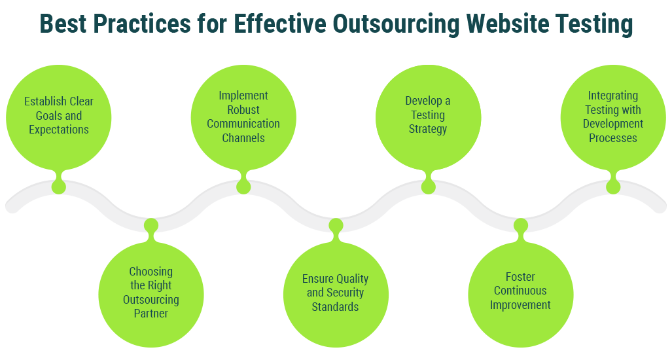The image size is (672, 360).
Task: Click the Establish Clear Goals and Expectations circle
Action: coord(59,116)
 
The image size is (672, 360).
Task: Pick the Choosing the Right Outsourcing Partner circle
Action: coord(151,293)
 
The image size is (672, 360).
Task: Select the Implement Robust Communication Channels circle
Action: coord(243,117)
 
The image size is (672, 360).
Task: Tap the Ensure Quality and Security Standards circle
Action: coord(336,293)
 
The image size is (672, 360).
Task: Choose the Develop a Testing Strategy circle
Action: coord(428,116)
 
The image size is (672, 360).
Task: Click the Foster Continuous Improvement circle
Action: coord(521,293)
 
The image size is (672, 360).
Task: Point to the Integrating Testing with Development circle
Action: coord(613,117)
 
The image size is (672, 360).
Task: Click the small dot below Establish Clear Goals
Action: coord(59,187)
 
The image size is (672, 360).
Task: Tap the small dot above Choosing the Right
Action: coord(151,225)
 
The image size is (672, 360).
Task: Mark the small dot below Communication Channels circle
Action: coord(243,187)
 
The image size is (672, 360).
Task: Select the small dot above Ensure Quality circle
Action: coord(336,225)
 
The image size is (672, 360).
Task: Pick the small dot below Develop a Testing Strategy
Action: coord(428,187)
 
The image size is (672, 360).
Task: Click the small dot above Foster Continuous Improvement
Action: coord(521,225)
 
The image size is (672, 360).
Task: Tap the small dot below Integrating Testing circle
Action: coord(613,187)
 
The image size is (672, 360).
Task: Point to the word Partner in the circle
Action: coord(151,314)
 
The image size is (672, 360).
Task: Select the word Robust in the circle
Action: coord(243,109)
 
